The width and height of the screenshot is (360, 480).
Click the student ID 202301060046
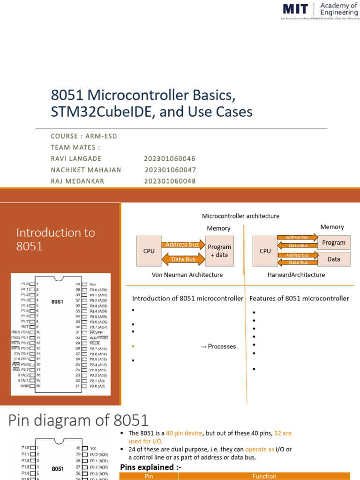[170, 158]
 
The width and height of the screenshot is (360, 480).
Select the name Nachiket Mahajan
[86, 170]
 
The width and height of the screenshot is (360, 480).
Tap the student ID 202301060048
[170, 181]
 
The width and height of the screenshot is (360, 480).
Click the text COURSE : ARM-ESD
[84, 136]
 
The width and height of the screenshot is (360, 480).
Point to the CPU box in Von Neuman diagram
[149, 251]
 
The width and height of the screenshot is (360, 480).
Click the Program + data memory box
[219, 251]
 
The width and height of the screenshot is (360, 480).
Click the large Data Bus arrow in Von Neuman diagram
[183, 259]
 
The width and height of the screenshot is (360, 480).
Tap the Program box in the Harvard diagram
[333, 243]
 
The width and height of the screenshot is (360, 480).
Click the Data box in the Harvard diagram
[333, 259]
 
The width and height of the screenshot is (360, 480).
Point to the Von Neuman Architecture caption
[187, 275]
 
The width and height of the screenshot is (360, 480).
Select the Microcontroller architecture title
[240, 216]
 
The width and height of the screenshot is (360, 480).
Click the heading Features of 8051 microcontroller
[299, 298]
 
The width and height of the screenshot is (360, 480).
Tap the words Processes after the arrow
[222, 346]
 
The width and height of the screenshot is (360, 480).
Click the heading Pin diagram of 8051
[78, 420]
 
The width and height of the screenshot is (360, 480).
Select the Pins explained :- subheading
[150, 467]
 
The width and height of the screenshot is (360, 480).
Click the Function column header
[264, 476]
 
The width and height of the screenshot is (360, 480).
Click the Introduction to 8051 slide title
[55, 239]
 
